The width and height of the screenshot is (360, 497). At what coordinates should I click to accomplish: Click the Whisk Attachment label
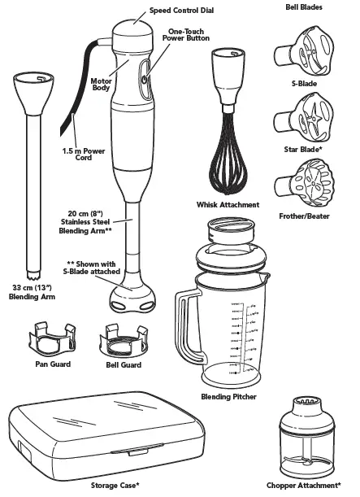pyautogui.click(x=228, y=205)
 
